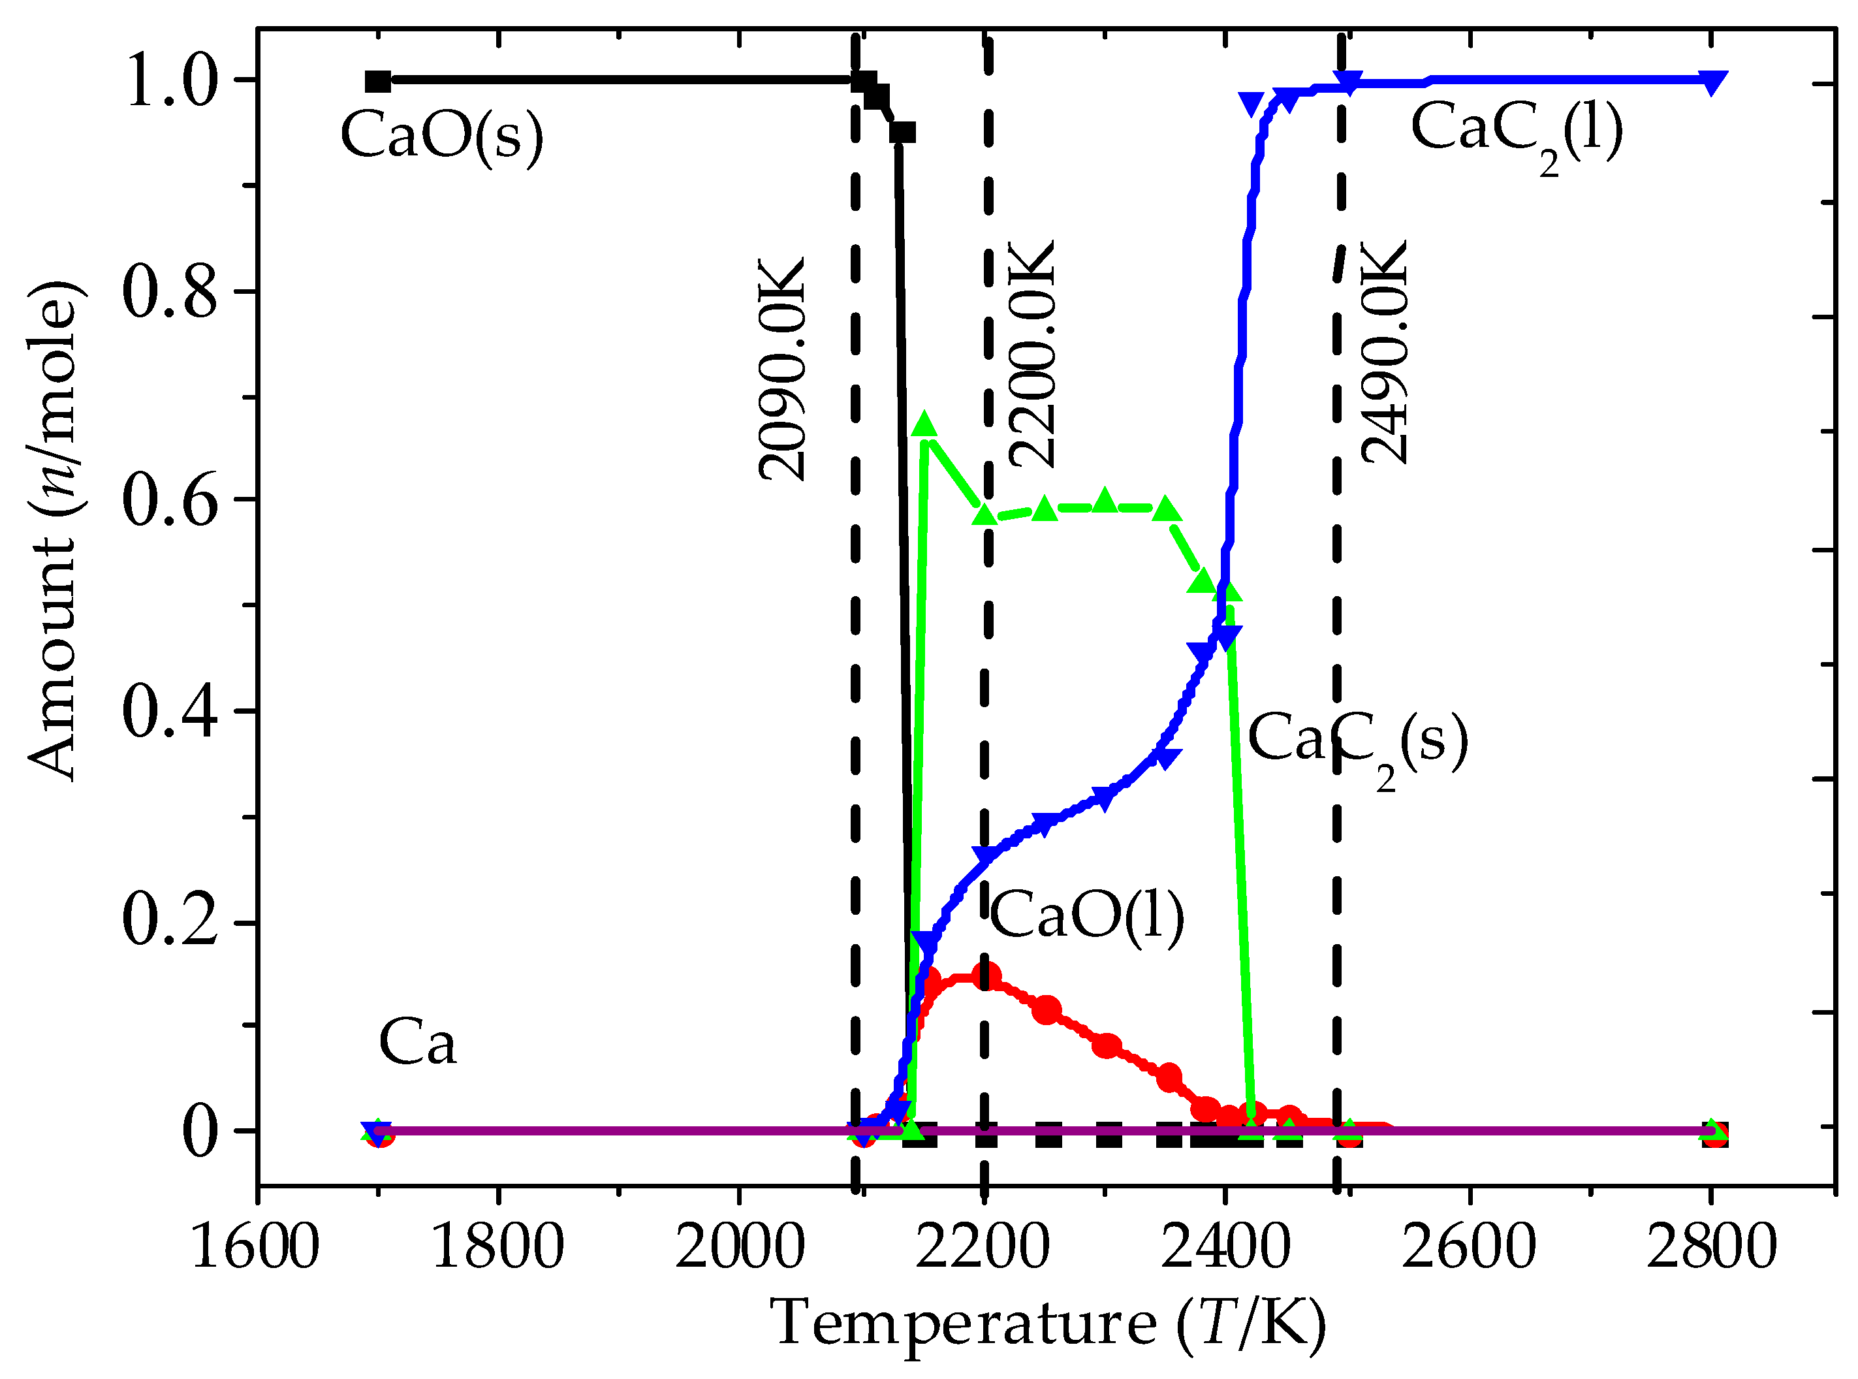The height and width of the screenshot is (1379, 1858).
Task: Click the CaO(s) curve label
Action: click(441, 136)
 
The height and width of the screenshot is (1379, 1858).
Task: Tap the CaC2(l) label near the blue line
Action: click(1517, 131)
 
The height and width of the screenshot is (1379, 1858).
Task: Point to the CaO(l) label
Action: click(1087, 915)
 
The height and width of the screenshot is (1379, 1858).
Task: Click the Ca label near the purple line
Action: click(417, 1043)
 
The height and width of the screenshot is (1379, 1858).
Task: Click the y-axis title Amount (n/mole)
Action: click(57, 531)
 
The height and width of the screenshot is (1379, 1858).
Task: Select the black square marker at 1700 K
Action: click(378, 81)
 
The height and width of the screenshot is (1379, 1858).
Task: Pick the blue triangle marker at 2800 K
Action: click(1712, 83)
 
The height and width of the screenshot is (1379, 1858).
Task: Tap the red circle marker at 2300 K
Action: click(1107, 1046)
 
